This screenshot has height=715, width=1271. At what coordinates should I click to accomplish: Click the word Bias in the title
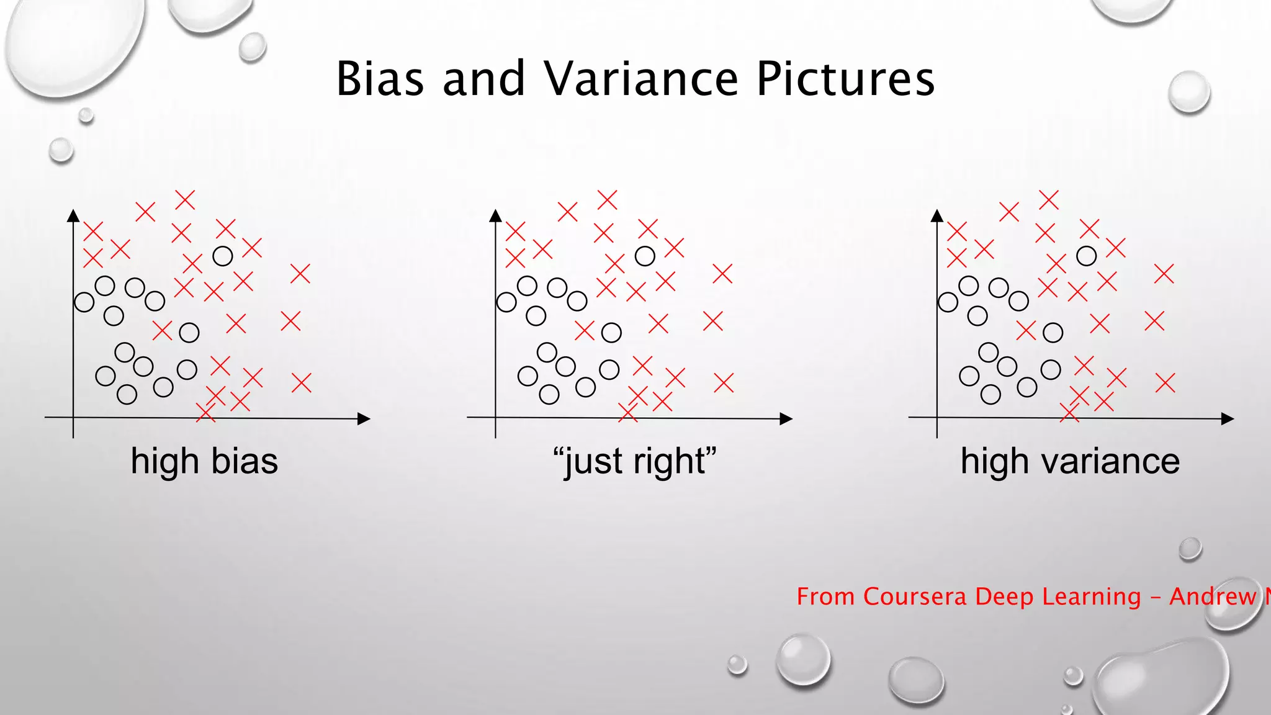pyautogui.click(x=380, y=79)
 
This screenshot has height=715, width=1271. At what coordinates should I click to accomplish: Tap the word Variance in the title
pyautogui.click(x=641, y=79)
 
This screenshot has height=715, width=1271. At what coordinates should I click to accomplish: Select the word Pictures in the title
pyautogui.click(x=845, y=79)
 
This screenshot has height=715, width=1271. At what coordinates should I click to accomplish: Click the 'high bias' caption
pyautogui.click(x=204, y=462)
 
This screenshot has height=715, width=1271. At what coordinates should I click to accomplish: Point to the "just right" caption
pyautogui.click(x=634, y=462)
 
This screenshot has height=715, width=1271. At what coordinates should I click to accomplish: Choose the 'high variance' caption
pyautogui.click(x=1070, y=462)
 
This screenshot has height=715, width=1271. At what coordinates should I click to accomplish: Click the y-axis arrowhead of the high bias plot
pyautogui.click(x=73, y=215)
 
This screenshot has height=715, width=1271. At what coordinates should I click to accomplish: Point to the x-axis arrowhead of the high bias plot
pyautogui.click(x=364, y=419)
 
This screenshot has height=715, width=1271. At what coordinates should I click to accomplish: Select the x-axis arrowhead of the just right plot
pyautogui.click(x=786, y=419)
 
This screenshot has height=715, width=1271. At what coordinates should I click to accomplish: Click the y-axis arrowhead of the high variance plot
pyautogui.click(x=937, y=215)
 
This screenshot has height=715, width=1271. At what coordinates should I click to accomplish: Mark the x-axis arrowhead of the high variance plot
pyautogui.click(x=1228, y=419)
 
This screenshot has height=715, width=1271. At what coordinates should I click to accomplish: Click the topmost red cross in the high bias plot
pyautogui.click(x=185, y=200)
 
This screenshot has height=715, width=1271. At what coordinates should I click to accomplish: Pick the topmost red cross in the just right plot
pyautogui.click(x=607, y=200)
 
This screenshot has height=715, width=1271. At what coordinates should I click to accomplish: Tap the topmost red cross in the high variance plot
pyautogui.click(x=1048, y=200)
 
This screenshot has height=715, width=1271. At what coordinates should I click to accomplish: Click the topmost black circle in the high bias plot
pyautogui.click(x=223, y=256)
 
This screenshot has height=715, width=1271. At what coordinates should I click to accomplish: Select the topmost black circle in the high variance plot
pyautogui.click(x=1086, y=256)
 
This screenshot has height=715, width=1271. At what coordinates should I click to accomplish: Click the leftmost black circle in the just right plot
pyautogui.click(x=506, y=302)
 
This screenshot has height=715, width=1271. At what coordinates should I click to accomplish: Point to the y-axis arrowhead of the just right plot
pyautogui.click(x=495, y=215)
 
